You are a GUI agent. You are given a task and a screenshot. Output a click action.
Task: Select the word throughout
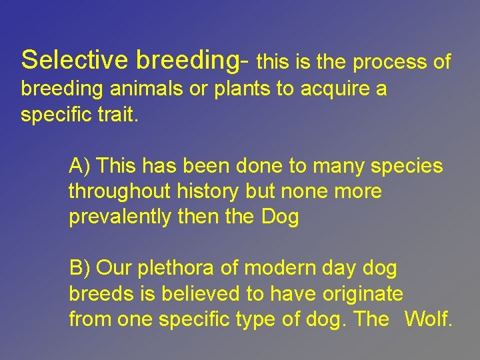click(x=120, y=192)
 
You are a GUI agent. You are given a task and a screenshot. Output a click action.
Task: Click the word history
click(x=207, y=192)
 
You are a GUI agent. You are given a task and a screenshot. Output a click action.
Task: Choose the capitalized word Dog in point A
click(x=280, y=217)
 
